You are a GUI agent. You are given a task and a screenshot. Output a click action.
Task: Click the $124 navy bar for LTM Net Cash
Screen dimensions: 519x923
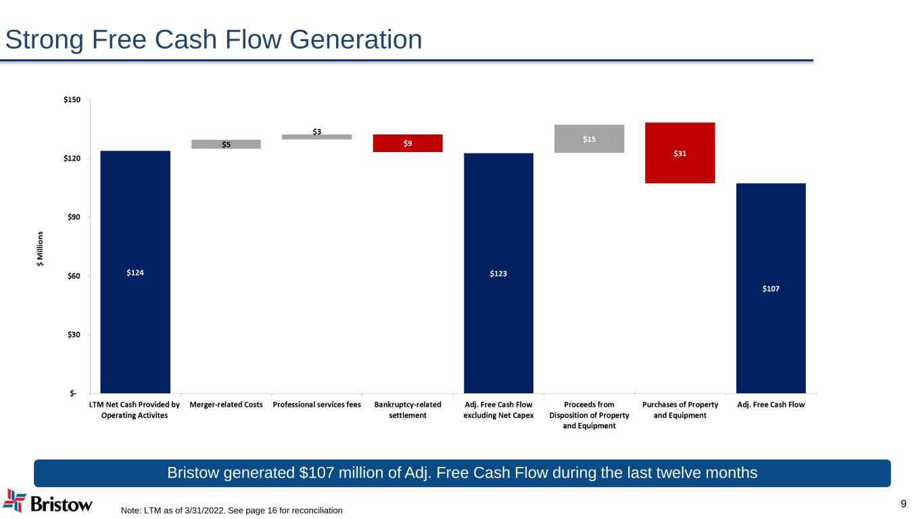tap(135, 272)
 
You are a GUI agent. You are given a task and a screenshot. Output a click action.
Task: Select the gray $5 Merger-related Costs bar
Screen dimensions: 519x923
tap(226, 144)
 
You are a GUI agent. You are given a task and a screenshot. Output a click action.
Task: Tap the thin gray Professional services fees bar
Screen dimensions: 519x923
tap(316, 137)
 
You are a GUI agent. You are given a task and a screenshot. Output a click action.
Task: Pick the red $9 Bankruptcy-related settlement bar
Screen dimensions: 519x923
tap(408, 143)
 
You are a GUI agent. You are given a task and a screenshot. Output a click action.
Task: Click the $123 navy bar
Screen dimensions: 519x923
tap(498, 273)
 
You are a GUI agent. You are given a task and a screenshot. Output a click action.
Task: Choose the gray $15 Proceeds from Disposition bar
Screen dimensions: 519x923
tap(589, 139)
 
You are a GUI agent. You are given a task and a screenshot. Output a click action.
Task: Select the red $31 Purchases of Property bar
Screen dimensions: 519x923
tap(680, 153)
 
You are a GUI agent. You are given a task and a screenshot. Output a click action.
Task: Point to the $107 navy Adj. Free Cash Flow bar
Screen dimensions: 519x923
tap(771, 288)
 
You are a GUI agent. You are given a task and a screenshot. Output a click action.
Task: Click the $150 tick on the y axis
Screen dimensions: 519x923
tap(72, 100)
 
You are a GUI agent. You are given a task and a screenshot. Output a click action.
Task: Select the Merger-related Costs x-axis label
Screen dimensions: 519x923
tap(226, 405)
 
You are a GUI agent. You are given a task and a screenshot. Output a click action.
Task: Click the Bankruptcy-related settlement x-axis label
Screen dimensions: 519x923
tap(408, 410)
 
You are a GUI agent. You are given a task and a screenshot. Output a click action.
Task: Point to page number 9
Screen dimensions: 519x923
tap(904, 503)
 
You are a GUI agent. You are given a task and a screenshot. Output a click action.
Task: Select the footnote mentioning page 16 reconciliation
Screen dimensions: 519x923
tap(231, 510)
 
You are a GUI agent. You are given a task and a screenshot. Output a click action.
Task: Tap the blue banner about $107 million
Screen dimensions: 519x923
tap(462, 473)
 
